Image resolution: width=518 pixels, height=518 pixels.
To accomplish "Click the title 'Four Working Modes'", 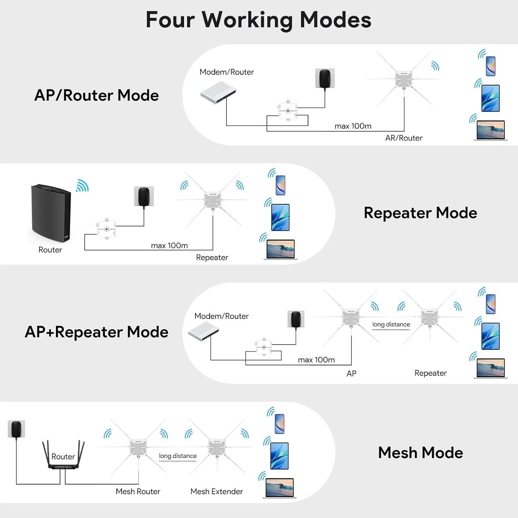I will [258, 20].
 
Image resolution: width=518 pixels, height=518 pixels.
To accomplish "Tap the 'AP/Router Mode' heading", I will [96, 95].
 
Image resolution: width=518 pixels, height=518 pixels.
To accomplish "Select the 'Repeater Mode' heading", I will [420, 213].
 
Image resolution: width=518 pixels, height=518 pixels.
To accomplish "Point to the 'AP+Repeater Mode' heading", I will [96, 332].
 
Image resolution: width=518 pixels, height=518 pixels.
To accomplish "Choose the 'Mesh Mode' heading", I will [420, 453].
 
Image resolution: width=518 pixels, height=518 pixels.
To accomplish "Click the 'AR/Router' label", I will [404, 138].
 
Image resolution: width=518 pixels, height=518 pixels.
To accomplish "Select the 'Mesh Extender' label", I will [217, 491].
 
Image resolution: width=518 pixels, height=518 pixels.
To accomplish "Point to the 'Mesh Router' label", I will [138, 491].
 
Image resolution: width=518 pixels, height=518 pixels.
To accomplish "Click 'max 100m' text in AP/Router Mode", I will [353, 126].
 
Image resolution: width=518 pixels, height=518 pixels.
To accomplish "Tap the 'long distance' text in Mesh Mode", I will [178, 456].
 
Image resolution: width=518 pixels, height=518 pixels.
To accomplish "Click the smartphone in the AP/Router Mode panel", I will [490, 66].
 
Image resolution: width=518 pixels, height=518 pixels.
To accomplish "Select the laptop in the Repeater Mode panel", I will [281, 249].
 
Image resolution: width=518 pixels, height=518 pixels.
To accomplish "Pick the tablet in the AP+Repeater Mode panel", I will [490, 336].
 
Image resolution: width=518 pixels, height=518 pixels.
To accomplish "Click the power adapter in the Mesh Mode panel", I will [16, 429].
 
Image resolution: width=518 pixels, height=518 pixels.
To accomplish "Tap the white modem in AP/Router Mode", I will [218, 92].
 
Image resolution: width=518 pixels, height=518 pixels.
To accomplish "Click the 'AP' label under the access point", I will [351, 374].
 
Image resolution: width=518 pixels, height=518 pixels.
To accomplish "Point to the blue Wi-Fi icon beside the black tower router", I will [83, 186].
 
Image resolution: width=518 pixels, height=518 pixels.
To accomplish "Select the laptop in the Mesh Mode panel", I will [279, 488].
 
